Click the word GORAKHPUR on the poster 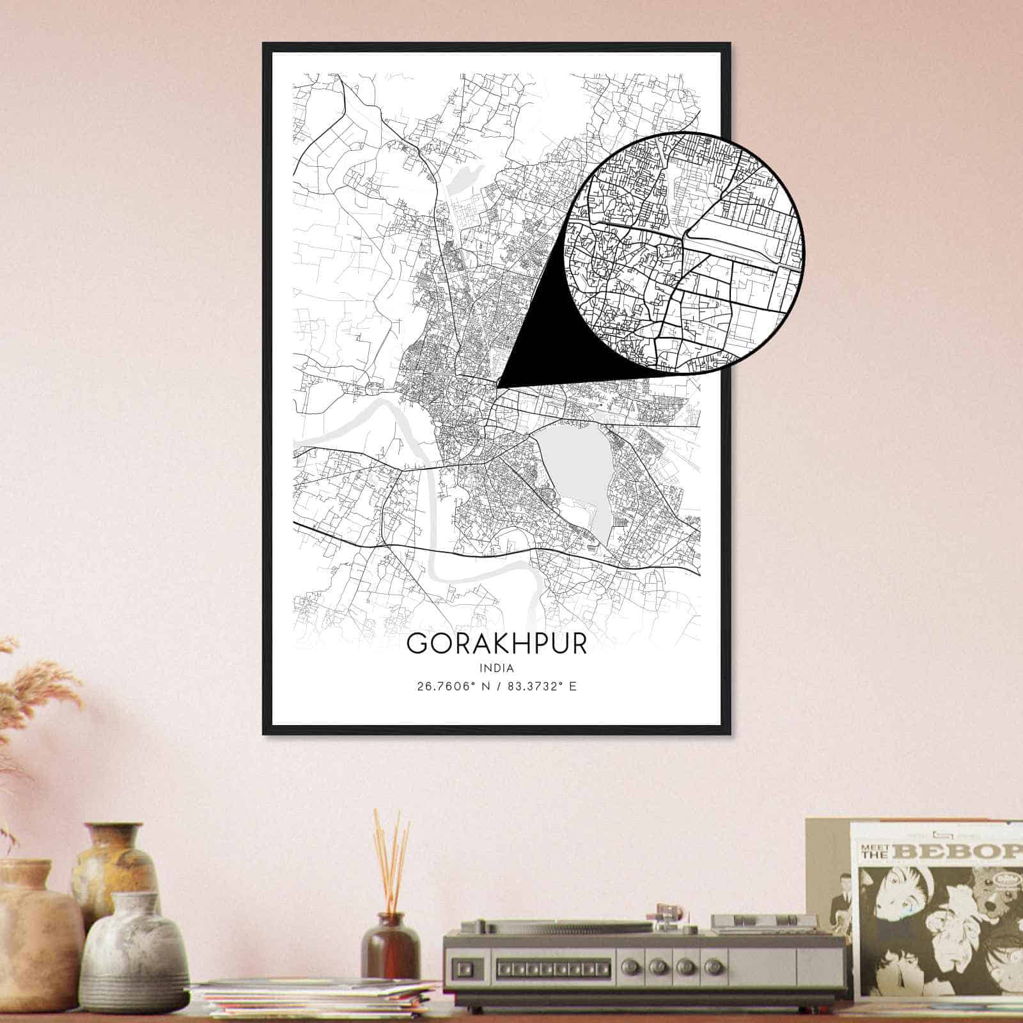496,644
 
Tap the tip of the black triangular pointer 499,386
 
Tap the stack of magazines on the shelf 320,997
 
